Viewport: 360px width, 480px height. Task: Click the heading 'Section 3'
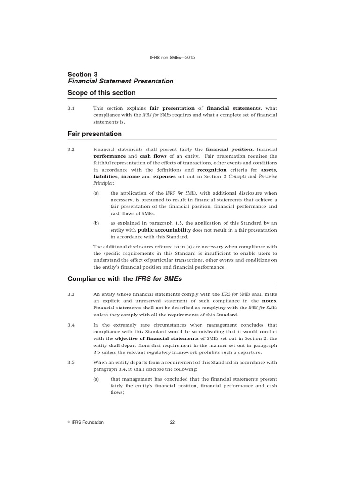pos(82,74)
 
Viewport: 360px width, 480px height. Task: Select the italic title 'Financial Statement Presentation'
pos(120,81)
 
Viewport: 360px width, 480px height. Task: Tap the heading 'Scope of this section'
pos(101,93)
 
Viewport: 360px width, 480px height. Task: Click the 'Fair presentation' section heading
pos(95,134)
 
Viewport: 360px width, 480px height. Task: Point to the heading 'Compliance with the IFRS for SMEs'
pos(125,279)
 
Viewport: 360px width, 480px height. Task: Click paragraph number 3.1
pos(71,108)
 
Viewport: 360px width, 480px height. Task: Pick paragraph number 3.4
pos(71,325)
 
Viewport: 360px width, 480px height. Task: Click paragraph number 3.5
pos(71,362)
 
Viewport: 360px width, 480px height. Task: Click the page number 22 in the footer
pos(172,422)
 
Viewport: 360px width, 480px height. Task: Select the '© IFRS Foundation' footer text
pos(86,422)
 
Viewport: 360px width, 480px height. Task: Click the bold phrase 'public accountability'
pos(164,230)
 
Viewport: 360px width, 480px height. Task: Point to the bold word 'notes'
pos(270,301)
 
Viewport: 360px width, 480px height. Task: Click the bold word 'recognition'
pos(211,170)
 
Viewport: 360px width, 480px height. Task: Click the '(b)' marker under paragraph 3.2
pos(96,223)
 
